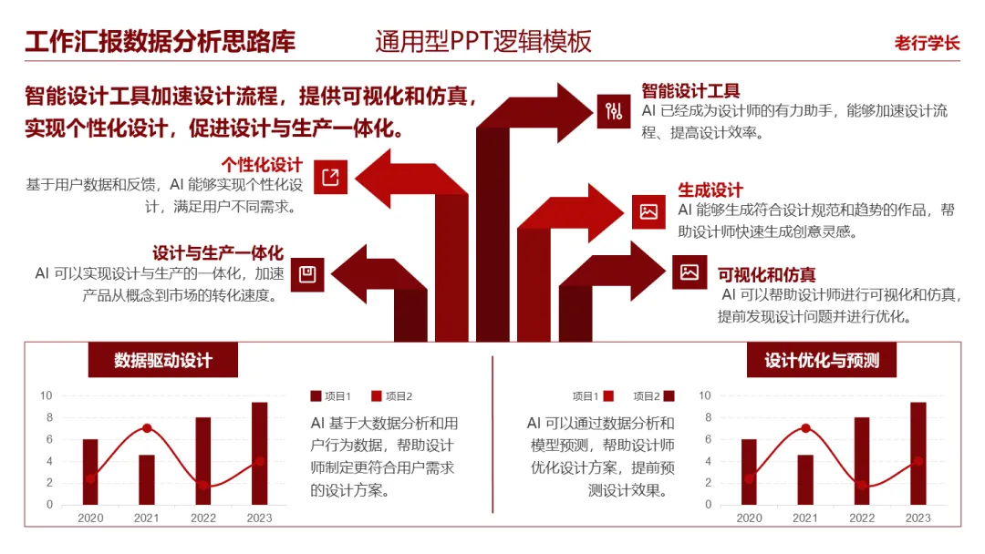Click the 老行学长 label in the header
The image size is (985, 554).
tap(927, 43)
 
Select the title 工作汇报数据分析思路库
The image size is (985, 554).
tap(161, 42)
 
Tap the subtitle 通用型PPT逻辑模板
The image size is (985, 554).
tap(483, 42)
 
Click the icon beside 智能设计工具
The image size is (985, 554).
tap(614, 111)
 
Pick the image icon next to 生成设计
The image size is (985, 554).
tap(648, 211)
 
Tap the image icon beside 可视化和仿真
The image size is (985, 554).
tap(689, 272)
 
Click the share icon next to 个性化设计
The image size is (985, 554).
tap(330, 177)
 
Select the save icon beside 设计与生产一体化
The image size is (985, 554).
tap(307, 274)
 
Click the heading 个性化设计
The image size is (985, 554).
tap(262, 164)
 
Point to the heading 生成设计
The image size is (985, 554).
tap(710, 190)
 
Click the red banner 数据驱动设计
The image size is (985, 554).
tap(163, 360)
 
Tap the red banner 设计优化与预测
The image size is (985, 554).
tap(822, 360)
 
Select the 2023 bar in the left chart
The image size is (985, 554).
tap(260, 453)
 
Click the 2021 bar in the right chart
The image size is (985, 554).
tap(805, 479)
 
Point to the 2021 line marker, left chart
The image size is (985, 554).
tap(147, 428)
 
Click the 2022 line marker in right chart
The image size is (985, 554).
tap(862, 485)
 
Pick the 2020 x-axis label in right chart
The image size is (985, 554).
tap(749, 518)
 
